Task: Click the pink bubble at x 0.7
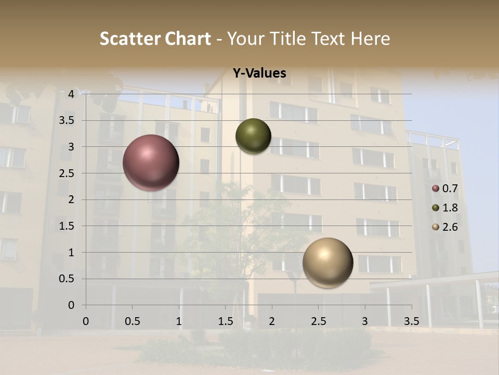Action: click(x=151, y=162)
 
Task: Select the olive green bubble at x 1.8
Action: click(x=253, y=136)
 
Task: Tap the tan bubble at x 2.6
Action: click(x=327, y=262)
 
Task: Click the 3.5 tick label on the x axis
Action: click(x=411, y=321)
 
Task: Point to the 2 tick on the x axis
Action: click(x=272, y=321)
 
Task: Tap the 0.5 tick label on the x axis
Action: click(x=133, y=321)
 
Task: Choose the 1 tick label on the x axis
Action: click(x=179, y=321)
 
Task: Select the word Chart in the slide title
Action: click(x=188, y=39)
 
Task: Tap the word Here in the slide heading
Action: click(x=370, y=39)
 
